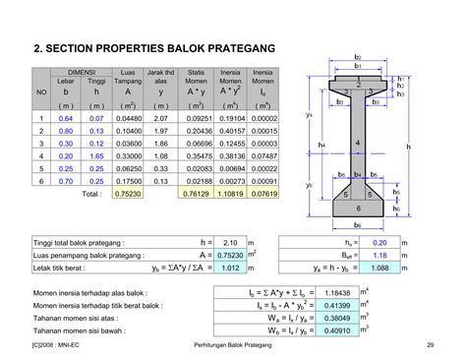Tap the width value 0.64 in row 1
click(x=66, y=118)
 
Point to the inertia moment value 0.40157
click(x=231, y=131)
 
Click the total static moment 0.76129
click(x=198, y=195)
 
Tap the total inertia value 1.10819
click(x=231, y=195)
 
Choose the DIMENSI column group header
click(x=81, y=72)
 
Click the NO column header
click(x=41, y=91)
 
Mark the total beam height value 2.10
click(x=231, y=241)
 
